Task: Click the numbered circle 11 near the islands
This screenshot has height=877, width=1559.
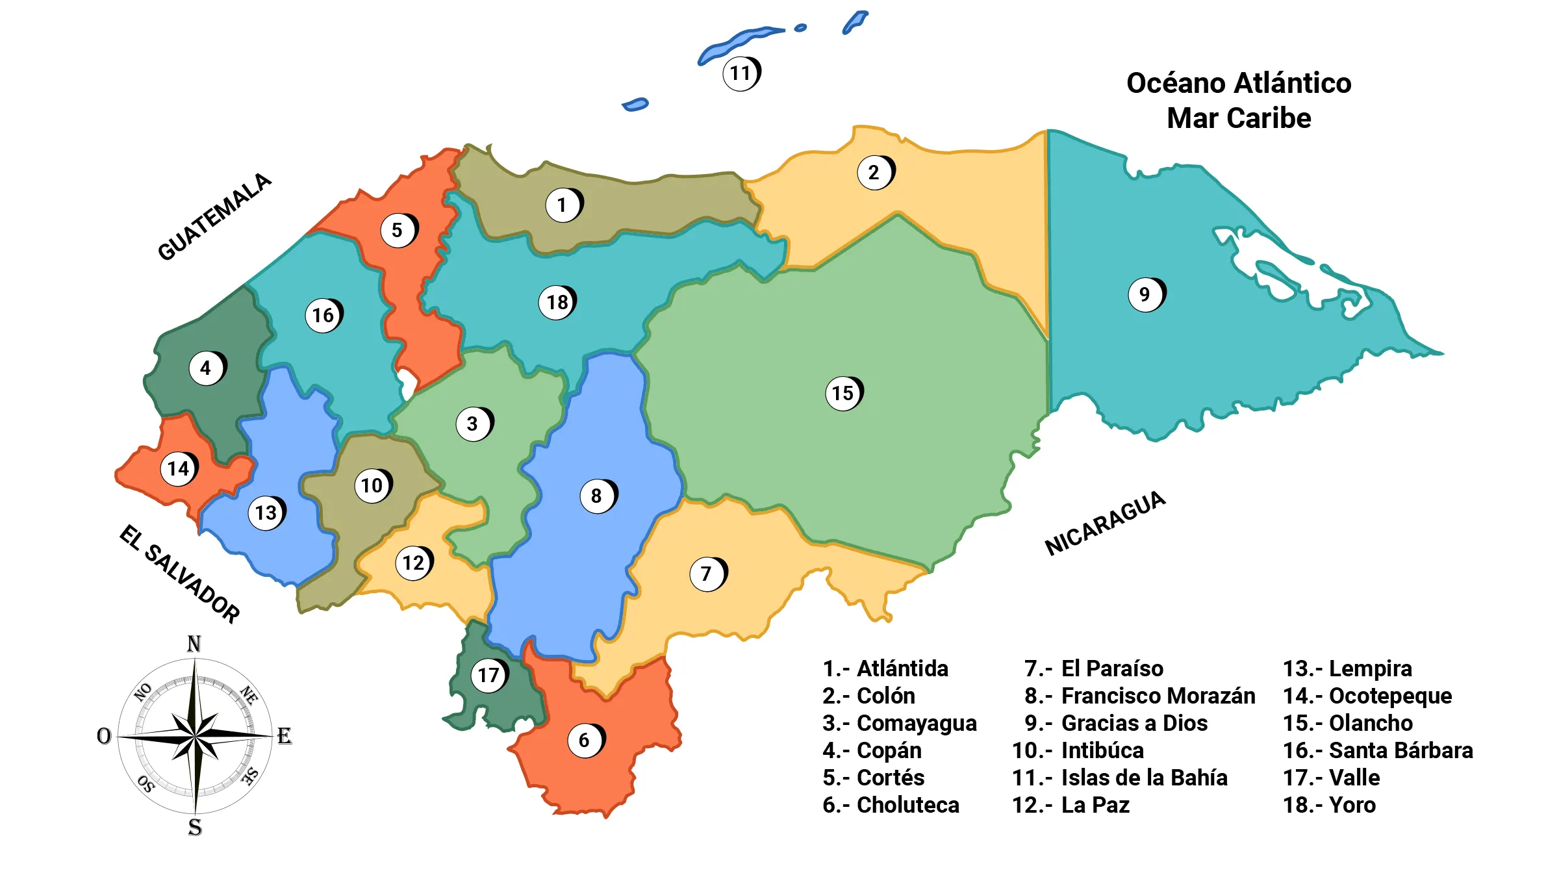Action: [741, 73]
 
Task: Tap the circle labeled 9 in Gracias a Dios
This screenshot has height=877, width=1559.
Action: [1146, 294]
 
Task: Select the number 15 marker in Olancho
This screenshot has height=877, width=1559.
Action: [843, 393]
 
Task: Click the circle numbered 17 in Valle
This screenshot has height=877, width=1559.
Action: [488, 675]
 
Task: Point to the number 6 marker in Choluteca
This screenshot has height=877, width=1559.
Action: [585, 740]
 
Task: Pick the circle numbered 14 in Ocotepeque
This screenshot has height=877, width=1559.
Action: [179, 468]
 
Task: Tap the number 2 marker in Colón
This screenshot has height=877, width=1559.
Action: [875, 172]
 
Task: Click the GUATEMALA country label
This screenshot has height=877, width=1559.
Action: [214, 217]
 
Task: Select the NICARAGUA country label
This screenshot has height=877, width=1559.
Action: [1105, 524]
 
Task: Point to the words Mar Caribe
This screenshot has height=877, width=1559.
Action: [1239, 118]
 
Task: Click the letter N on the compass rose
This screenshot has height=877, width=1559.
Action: [194, 644]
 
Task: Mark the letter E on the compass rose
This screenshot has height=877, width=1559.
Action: [284, 736]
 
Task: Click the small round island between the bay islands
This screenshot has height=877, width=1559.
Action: [800, 28]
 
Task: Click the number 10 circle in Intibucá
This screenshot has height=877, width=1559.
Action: [372, 485]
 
